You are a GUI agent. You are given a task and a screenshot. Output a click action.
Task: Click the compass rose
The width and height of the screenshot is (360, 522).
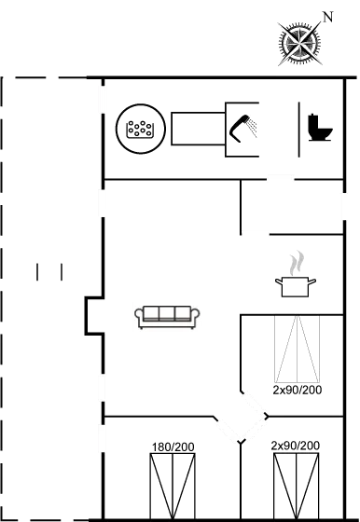300,41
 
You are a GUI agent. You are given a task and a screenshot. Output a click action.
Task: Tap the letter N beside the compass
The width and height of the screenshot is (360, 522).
326,16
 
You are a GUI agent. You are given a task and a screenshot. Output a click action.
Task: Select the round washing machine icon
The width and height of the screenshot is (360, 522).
140,128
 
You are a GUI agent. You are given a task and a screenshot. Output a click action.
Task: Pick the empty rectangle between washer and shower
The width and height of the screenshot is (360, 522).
197,129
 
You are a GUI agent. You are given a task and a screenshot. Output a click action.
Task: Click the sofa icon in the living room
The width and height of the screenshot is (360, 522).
168,317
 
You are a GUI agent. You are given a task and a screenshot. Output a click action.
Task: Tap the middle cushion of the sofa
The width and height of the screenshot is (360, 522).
168,314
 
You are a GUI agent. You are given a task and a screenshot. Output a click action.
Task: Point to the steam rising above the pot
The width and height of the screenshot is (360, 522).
297,260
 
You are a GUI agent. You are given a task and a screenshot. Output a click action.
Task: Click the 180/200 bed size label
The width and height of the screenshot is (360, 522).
173,447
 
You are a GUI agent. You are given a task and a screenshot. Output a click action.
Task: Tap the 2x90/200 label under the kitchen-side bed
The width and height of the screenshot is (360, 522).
298,390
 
